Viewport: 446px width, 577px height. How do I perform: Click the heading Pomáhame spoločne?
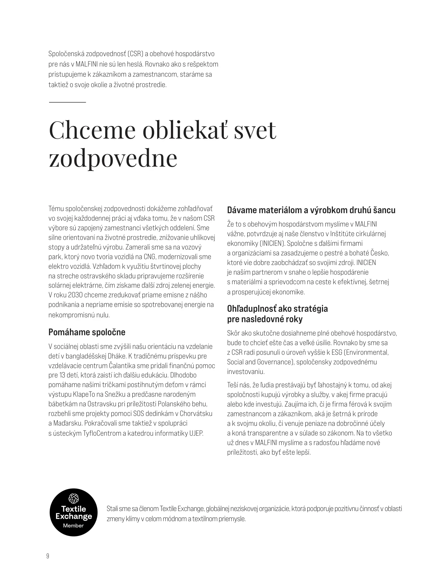pos(87,332)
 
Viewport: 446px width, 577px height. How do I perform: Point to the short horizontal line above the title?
pos(67,102)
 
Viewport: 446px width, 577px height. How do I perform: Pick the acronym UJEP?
pos(196,433)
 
